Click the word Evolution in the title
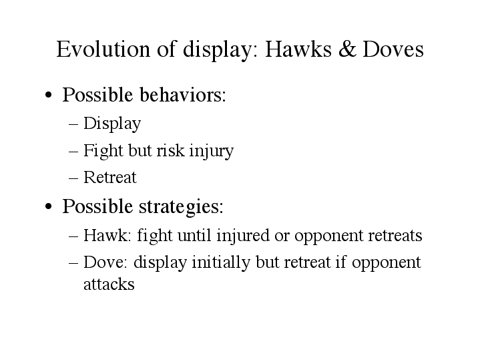[x=103, y=49]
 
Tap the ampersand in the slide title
[x=347, y=49]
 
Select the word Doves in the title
[x=393, y=49]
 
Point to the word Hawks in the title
[x=298, y=49]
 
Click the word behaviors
[x=183, y=94]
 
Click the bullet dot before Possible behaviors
[x=48, y=95]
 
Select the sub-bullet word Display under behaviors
[x=112, y=124]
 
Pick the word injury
[x=211, y=152]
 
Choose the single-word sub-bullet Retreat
[x=110, y=177]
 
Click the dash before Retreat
[x=73, y=178]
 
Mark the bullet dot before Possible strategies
[x=48, y=206]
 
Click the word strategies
[x=181, y=207]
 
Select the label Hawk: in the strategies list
[x=107, y=235]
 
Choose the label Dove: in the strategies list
[x=105, y=262]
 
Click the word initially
[x=220, y=263]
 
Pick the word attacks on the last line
[x=109, y=285]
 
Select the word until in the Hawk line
[x=194, y=235]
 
